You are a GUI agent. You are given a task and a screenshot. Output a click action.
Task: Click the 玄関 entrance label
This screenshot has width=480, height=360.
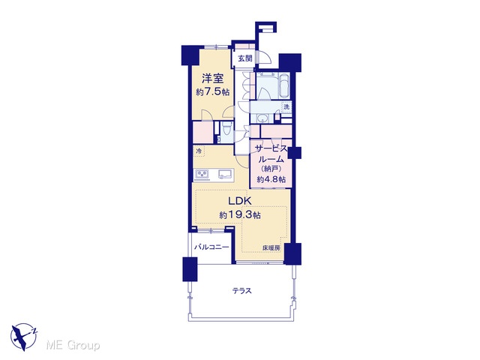(245, 58)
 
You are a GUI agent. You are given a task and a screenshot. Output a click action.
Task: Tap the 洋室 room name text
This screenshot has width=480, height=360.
(212, 79)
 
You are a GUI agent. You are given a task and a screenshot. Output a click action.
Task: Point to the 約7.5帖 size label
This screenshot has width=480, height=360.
(213, 91)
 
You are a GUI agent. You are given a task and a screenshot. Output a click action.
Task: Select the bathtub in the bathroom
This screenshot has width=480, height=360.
(284, 86)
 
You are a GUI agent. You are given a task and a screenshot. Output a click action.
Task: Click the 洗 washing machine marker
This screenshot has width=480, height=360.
(286, 106)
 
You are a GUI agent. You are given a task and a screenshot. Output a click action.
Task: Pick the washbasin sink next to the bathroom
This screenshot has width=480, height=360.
(262, 118)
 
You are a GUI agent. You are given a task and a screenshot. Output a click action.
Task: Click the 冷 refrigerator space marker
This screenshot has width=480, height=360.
(199, 151)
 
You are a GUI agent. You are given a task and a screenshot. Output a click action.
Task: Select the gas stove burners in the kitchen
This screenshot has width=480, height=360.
(202, 174)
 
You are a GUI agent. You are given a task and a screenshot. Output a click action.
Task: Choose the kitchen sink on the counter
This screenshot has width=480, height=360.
(226, 174)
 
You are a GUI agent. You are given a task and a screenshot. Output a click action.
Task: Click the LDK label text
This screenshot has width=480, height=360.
(240, 201)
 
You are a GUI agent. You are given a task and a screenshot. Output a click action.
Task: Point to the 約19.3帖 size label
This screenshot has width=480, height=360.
(240, 215)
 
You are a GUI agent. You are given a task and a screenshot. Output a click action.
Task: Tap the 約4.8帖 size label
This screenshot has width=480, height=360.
(271, 179)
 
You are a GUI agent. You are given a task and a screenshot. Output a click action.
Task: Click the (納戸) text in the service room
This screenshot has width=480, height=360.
(271, 169)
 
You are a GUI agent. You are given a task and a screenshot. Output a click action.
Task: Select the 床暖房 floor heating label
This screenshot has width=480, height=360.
(271, 248)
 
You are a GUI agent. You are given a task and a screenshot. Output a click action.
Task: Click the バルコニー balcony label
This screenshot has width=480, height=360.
(211, 247)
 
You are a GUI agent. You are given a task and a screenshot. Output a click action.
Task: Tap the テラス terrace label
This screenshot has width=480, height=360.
(241, 290)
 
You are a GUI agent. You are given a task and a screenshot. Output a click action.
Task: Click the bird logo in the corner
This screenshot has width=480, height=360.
(24, 337)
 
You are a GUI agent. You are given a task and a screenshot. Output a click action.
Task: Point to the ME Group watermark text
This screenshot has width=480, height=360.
(73, 345)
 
